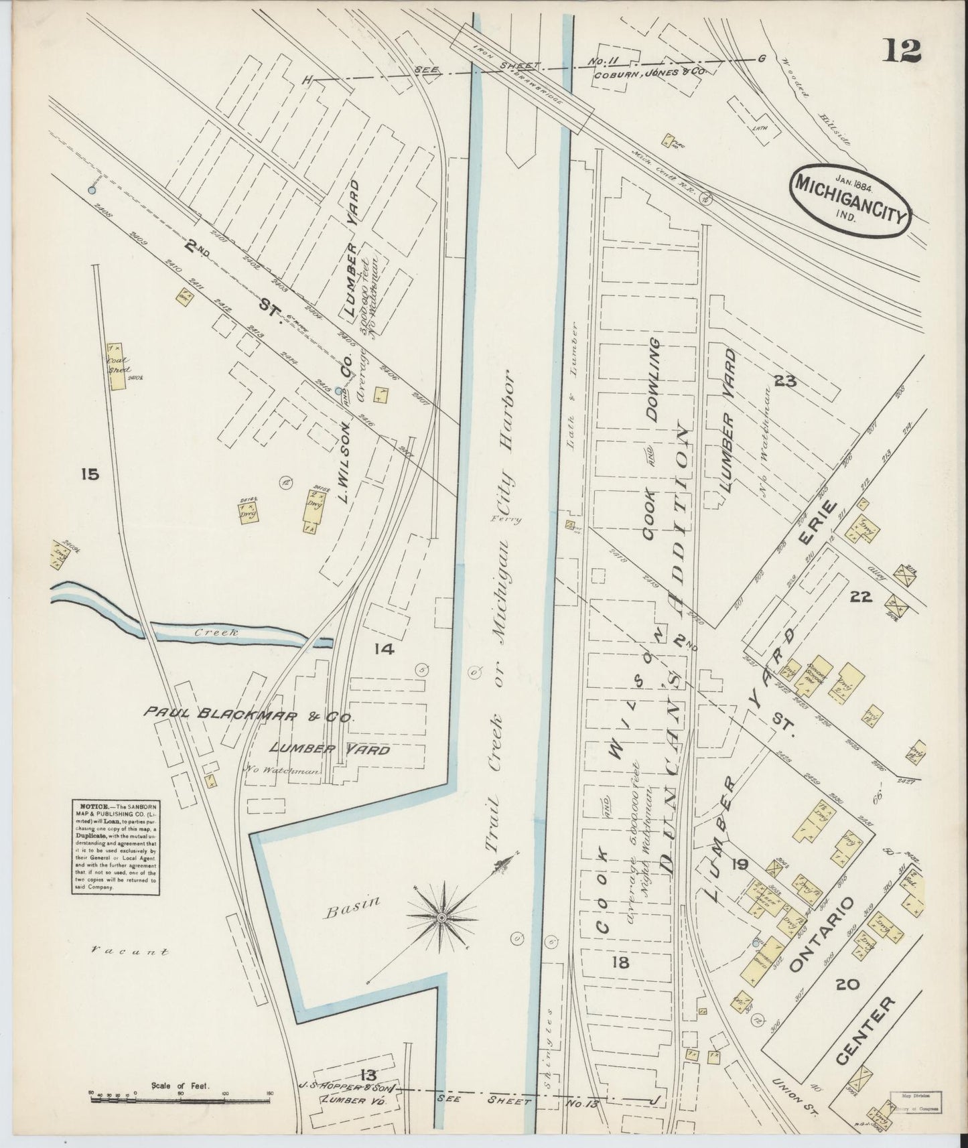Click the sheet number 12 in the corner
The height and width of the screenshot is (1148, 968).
click(901, 50)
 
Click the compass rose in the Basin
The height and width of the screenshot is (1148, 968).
click(441, 916)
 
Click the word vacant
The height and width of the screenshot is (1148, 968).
click(131, 950)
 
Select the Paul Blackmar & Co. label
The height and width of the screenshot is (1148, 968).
click(248, 717)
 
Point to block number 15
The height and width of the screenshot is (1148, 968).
click(88, 475)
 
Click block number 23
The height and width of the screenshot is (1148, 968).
click(784, 382)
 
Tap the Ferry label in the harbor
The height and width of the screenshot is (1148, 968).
click(504, 518)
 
